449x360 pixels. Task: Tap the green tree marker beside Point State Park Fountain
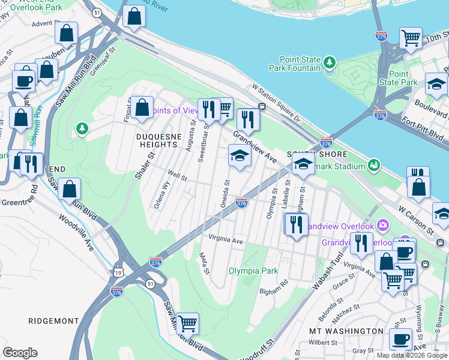tap(329, 62)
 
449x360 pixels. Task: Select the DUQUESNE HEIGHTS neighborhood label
tap(158, 140)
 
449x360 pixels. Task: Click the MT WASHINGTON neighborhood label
tap(346, 331)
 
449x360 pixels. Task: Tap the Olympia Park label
tap(253, 271)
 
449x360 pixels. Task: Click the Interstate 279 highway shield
tap(381, 36)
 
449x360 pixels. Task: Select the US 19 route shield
tap(118, 273)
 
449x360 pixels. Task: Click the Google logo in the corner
tap(20, 353)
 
